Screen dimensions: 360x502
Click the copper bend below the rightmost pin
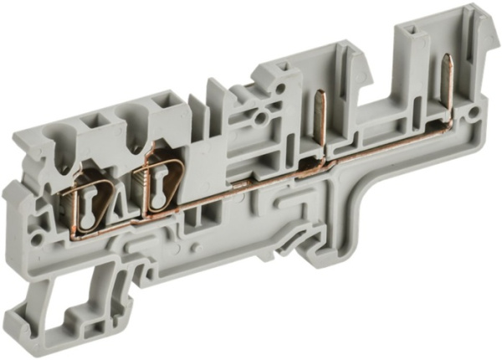449,124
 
